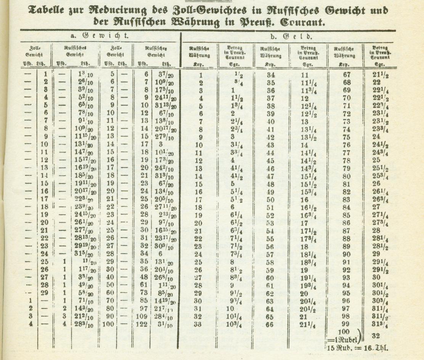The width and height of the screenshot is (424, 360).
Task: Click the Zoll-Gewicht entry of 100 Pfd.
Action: pyautogui.click(x=108, y=325)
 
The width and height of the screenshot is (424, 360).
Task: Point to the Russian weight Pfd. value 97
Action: pyautogui.click(x=144, y=308)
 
